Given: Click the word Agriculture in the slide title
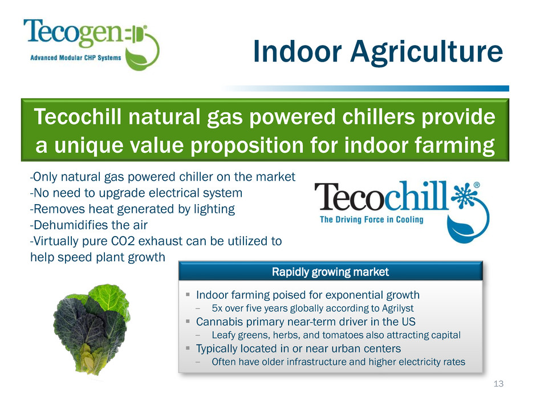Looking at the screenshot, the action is (x=427, y=52).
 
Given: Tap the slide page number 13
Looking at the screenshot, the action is (x=499, y=384).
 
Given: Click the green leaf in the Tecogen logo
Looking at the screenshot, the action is (x=137, y=59).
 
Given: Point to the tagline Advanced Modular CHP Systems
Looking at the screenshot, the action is (x=75, y=58).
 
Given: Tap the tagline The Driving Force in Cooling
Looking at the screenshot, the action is (x=372, y=220).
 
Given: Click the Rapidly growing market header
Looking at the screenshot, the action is (x=330, y=272).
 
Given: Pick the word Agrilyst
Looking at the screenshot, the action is (x=398, y=308).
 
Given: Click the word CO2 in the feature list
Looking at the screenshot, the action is (x=123, y=241).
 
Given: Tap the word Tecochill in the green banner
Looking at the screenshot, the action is (x=78, y=116).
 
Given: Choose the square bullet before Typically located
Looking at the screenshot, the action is (x=188, y=348).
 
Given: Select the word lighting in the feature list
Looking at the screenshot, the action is (x=214, y=209).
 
